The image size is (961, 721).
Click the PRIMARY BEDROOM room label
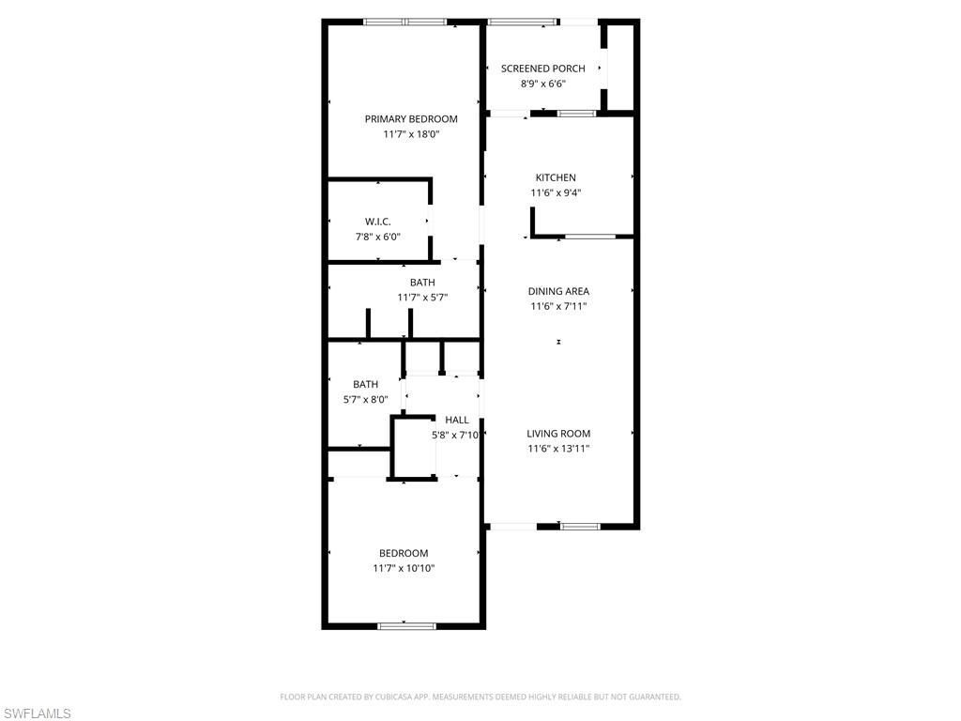pyautogui.click(x=411, y=119)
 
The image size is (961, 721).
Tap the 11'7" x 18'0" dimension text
pyautogui.click(x=411, y=134)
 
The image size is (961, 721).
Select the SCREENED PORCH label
pyautogui.click(x=542, y=69)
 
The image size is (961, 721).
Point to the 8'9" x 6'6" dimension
pyautogui.click(x=542, y=84)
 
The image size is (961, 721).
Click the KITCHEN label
pyautogui.click(x=556, y=177)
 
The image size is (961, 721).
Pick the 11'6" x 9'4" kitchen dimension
pyautogui.click(x=556, y=193)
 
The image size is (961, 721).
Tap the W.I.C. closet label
pyautogui.click(x=377, y=222)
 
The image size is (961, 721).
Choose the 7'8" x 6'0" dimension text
pyautogui.click(x=377, y=237)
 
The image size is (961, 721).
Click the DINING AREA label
pyautogui.click(x=558, y=291)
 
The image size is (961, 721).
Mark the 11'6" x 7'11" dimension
pyautogui.click(x=558, y=306)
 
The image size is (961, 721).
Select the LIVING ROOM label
pyautogui.click(x=558, y=434)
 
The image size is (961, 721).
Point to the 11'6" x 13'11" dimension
pyautogui.click(x=558, y=449)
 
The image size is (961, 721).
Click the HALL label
pyautogui.click(x=457, y=420)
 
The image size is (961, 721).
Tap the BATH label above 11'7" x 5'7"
pyautogui.click(x=422, y=283)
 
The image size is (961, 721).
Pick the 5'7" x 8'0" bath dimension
pyautogui.click(x=365, y=399)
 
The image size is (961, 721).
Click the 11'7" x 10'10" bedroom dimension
pyautogui.click(x=404, y=568)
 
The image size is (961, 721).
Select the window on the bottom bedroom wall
pyautogui.click(x=406, y=625)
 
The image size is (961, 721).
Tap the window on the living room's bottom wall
pyautogui.click(x=580, y=526)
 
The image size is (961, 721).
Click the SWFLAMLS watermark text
pyautogui.click(x=37, y=714)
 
